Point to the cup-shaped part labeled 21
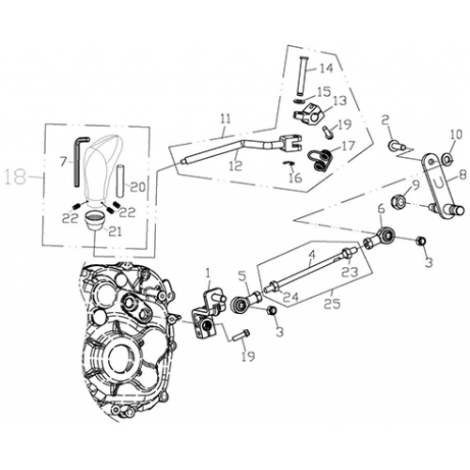[x=97, y=221]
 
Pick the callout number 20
[x=137, y=186]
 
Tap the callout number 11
[x=225, y=118]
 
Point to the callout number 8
[x=462, y=175]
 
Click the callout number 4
[x=312, y=254]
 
